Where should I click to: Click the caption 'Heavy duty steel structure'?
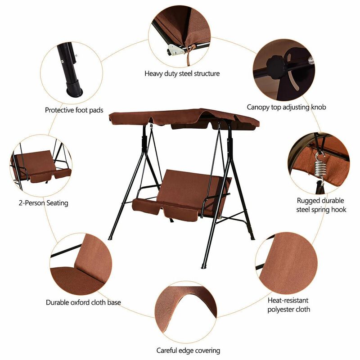click(182, 73)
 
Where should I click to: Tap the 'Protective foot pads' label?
click(74, 110)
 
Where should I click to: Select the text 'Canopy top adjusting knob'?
click(286, 107)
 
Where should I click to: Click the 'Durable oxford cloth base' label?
click(83, 302)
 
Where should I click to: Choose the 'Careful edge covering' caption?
click(188, 350)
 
